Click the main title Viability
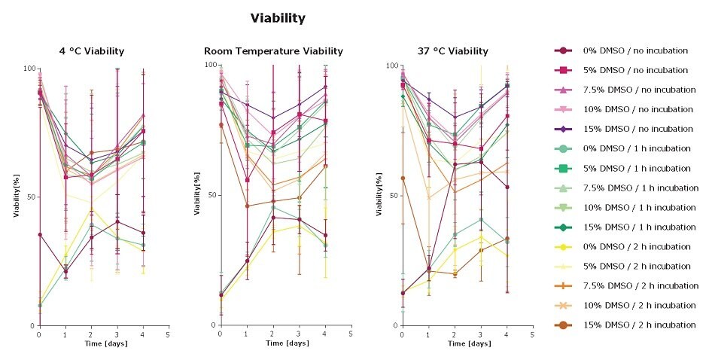(x=278, y=17)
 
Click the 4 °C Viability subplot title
(x=92, y=51)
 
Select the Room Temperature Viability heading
(x=273, y=51)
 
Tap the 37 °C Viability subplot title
(x=452, y=51)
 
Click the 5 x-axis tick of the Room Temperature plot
(x=350, y=334)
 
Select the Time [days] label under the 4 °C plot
(x=102, y=343)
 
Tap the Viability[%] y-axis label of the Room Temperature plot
(x=197, y=196)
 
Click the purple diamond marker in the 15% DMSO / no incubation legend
(x=564, y=129)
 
